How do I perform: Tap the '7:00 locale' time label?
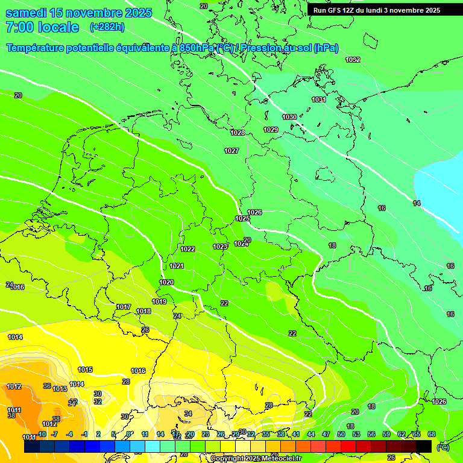[x=42, y=28]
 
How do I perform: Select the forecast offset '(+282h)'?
[x=107, y=27]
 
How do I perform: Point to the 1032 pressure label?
[x=353, y=60]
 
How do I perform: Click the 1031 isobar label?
[x=319, y=99]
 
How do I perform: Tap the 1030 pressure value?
[x=289, y=117]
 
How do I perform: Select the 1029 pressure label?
[x=271, y=130]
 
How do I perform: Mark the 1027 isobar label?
[x=231, y=151]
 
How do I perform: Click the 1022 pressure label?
[x=187, y=249]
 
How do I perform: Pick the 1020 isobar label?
[x=166, y=282]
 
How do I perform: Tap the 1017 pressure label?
[x=124, y=307]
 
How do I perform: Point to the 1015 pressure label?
[x=85, y=370]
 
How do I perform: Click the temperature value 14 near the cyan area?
[x=417, y=203]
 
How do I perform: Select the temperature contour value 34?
[x=188, y=414]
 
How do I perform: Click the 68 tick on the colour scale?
[x=432, y=434]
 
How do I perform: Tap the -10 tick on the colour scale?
[x=42, y=434]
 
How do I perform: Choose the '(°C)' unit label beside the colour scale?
[x=443, y=447]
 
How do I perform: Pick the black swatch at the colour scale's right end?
[x=424, y=446]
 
